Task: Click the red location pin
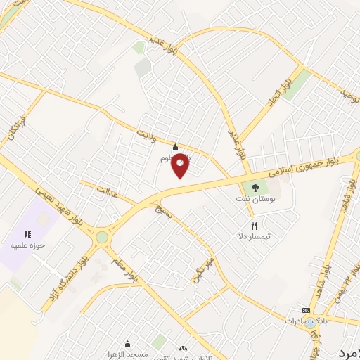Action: [x=181, y=165]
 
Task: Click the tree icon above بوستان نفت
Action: [x=254, y=188]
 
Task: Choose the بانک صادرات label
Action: [x=304, y=321]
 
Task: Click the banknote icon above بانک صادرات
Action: [x=306, y=310]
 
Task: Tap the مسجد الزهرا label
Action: [x=128, y=354]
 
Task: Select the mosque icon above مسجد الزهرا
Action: [x=127, y=345]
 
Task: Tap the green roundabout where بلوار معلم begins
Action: [x=103, y=238]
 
